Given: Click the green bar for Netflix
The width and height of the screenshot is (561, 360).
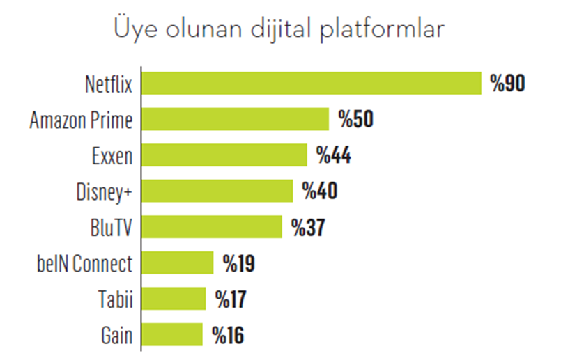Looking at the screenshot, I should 311,84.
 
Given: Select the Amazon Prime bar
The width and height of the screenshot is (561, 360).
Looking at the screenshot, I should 235,120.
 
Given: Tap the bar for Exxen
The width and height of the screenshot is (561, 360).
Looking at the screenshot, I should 224,155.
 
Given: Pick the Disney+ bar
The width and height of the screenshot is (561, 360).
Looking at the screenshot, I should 217,191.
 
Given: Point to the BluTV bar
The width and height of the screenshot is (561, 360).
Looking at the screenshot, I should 211,227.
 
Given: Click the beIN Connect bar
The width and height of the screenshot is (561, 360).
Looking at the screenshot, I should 177,263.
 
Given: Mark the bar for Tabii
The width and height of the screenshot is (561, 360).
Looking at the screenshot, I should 174,299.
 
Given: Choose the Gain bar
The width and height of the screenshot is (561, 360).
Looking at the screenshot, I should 171,335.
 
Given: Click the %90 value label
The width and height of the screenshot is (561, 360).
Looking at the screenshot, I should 507,84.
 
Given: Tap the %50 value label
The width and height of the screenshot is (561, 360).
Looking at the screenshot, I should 356,120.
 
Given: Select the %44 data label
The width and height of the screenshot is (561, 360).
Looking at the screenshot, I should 333,155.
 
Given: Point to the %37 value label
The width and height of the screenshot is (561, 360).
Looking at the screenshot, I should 308,227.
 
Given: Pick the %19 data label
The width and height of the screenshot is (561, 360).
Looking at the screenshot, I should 238,263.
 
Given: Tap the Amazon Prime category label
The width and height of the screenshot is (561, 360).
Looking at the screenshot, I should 81,120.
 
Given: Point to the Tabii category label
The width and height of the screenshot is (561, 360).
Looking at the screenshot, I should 115,299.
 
